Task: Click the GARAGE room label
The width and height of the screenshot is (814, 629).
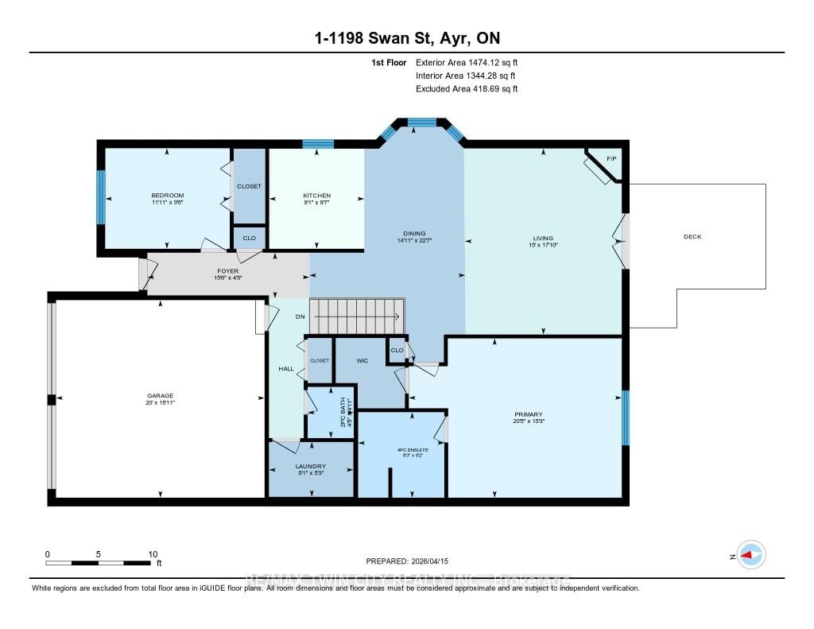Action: point(160,395)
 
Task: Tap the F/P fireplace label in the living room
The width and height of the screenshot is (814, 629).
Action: point(611,159)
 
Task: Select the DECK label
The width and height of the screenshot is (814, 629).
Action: point(692,236)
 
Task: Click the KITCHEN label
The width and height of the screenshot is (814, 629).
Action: point(316,196)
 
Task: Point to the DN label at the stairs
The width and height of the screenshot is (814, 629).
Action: point(300,316)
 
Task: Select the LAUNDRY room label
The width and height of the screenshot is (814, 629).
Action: point(311,466)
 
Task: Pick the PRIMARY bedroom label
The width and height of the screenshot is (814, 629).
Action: point(528,414)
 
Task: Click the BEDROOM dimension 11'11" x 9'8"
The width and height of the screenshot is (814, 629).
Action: point(168,203)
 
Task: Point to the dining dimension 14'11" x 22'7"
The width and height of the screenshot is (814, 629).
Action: point(413,239)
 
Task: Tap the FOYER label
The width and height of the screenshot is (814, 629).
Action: point(227,270)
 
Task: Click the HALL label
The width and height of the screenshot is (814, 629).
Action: point(286,368)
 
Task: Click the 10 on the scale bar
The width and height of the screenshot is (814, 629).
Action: point(153,554)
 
